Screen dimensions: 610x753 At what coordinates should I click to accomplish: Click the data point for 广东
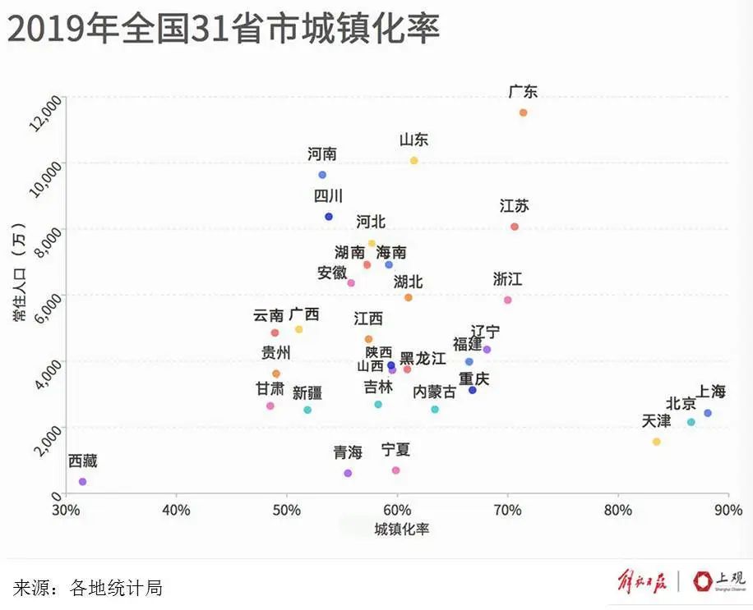pyautogui.click(x=523, y=112)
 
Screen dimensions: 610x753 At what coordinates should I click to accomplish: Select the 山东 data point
pyautogui.click(x=414, y=160)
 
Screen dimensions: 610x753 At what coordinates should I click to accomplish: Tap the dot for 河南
pyautogui.click(x=322, y=175)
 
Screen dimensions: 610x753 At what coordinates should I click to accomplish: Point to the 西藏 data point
pyautogui.click(x=82, y=482)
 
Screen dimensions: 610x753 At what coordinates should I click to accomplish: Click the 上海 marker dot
pyautogui.click(x=707, y=413)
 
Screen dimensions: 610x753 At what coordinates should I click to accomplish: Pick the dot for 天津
pyautogui.click(x=656, y=442)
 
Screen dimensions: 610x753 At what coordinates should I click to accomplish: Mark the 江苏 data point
pyautogui.click(x=515, y=227)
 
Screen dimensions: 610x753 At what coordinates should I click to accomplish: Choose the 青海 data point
pyautogui.click(x=348, y=473)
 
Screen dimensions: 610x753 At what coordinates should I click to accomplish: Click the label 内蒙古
pyautogui.click(x=435, y=392)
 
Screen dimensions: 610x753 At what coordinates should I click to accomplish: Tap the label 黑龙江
pyautogui.click(x=423, y=358)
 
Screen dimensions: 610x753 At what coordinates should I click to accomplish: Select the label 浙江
pyautogui.click(x=507, y=279)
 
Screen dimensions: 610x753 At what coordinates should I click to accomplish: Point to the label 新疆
pyautogui.click(x=307, y=392)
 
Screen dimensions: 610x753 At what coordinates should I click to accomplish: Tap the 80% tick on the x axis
pyautogui.click(x=618, y=510)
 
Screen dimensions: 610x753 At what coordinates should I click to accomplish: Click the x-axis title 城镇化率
pyautogui.click(x=402, y=530)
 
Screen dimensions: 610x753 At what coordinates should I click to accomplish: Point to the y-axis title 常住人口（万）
pyautogui.click(x=19, y=271)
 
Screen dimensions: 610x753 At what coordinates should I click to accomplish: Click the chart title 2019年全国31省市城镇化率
pyautogui.click(x=224, y=28)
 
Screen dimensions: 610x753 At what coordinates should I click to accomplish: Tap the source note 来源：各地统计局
pyautogui.click(x=88, y=587)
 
